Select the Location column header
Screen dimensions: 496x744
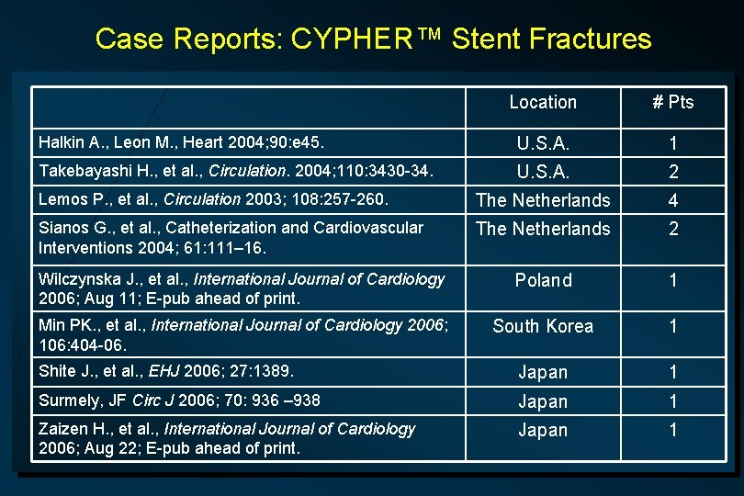coord(543,102)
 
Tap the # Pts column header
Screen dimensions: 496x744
coord(673,102)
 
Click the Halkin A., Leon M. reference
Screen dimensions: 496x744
coord(180,142)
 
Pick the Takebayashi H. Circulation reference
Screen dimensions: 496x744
coord(235,170)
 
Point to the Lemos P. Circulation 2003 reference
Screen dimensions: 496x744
coord(214,198)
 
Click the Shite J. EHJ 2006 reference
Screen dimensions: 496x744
coord(166,371)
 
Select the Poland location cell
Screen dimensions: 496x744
coord(543,280)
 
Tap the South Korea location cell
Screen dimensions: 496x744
coord(543,326)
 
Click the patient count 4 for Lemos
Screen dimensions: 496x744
coord(673,199)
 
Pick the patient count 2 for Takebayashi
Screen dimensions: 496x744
coord(673,172)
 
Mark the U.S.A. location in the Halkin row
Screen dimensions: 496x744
coord(543,144)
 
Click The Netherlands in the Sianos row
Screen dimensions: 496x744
coord(543,229)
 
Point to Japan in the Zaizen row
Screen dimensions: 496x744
coord(543,430)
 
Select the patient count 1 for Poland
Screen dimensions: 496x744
coord(673,280)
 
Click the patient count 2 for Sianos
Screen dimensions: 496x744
coord(673,229)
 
